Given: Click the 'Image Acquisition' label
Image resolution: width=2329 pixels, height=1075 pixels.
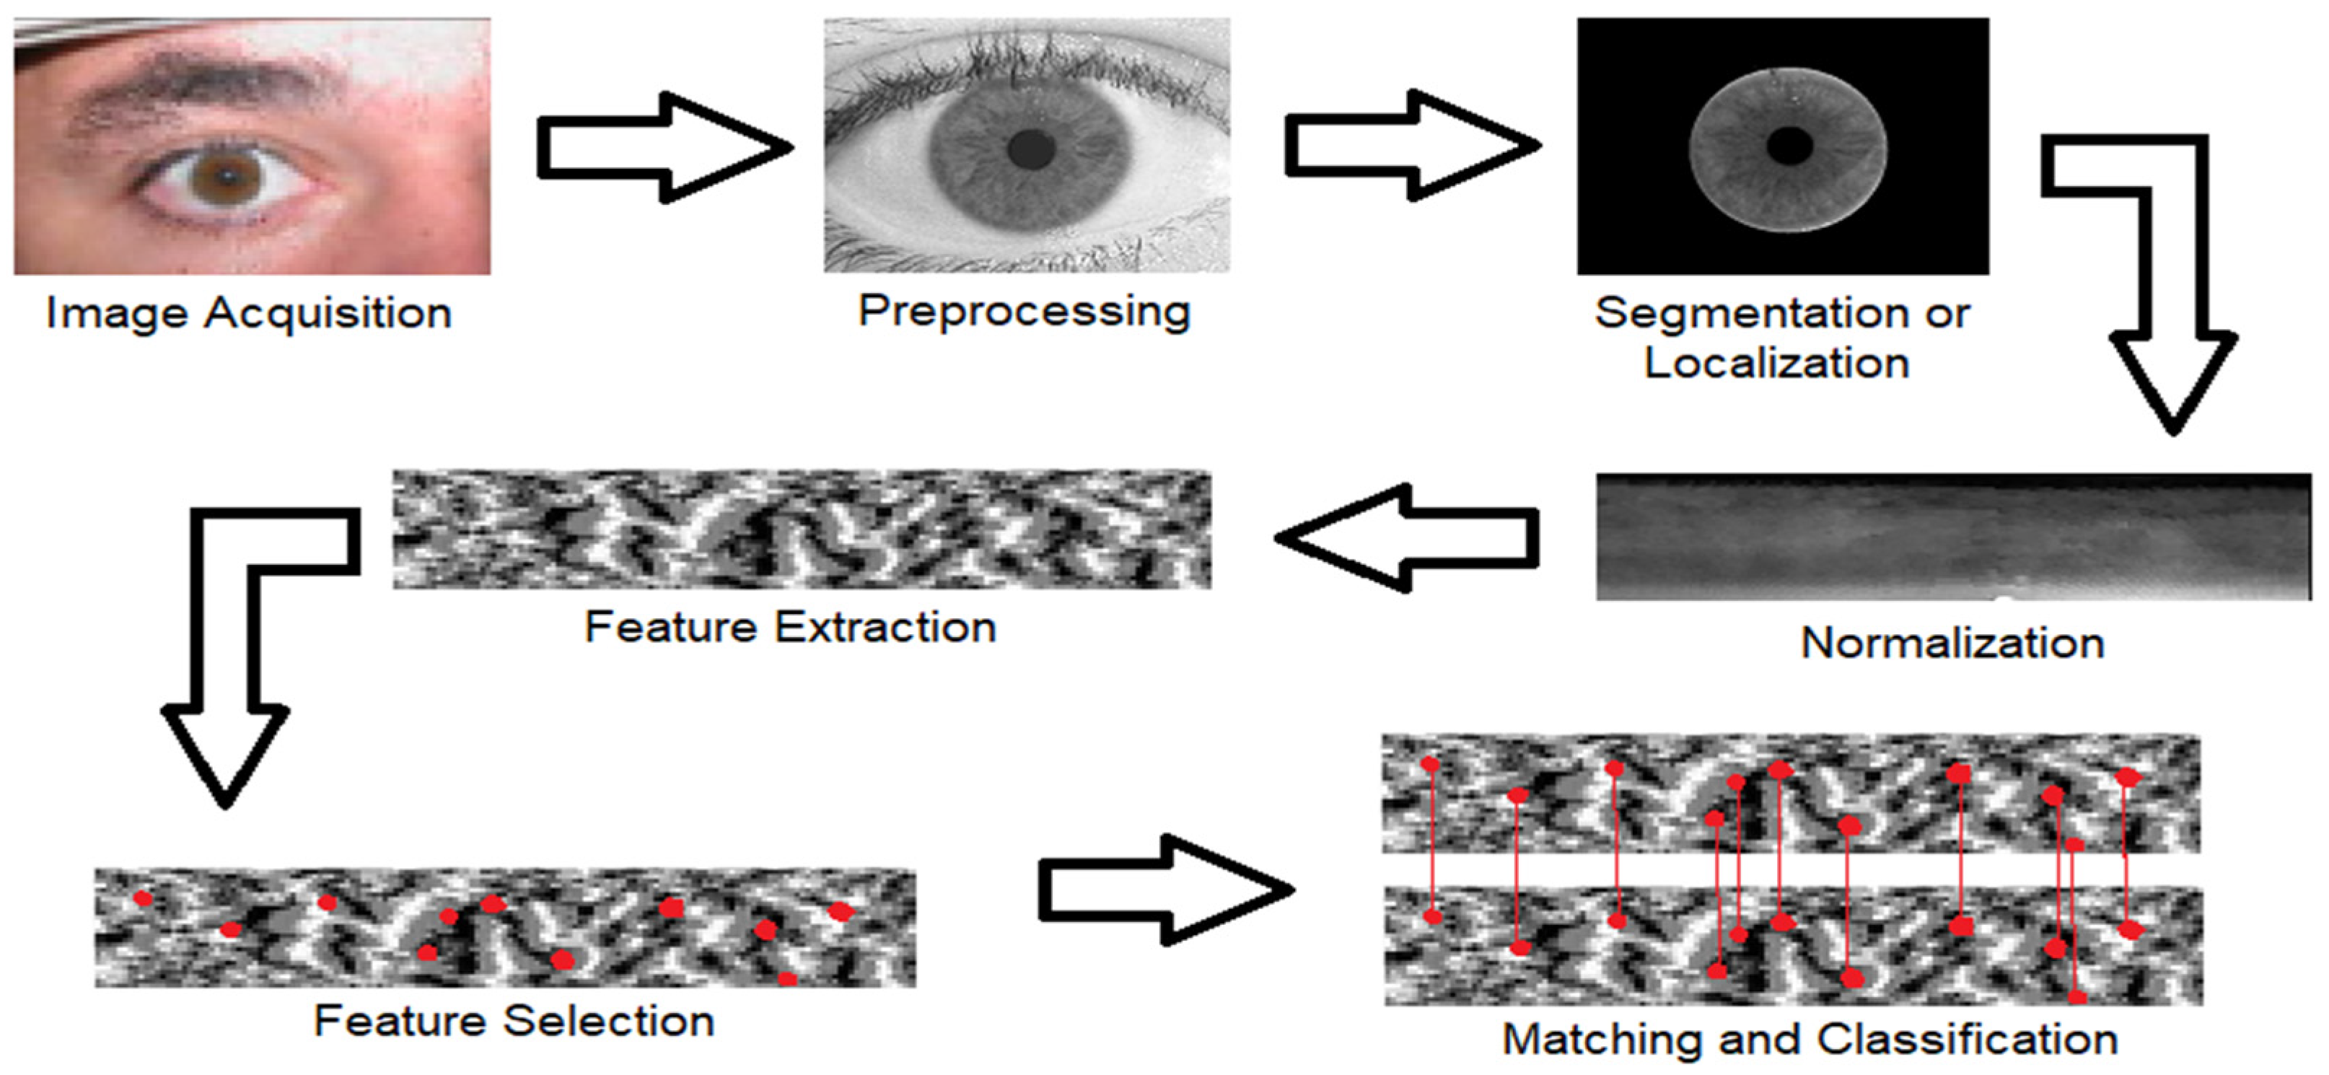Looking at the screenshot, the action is coord(249,314).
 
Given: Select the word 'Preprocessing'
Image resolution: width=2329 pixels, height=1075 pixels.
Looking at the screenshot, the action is coord(1024,312).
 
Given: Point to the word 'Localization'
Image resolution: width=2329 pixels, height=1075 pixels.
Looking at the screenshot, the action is coord(1776,364).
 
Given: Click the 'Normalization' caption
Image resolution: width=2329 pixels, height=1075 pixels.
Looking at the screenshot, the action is coord(1953,643).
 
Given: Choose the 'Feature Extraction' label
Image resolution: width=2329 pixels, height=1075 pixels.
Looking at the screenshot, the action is coord(790,626).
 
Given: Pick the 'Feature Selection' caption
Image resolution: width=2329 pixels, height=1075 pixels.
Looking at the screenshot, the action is coord(514,1021).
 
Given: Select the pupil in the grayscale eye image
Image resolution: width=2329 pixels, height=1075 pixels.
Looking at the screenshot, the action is coord(1032,149).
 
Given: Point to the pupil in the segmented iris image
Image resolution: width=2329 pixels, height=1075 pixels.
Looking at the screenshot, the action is coord(1789,146).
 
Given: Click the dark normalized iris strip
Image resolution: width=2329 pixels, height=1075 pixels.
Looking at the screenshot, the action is coord(1953,536).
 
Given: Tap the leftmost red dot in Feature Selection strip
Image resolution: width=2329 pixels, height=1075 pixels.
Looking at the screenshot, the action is coord(143,899).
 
